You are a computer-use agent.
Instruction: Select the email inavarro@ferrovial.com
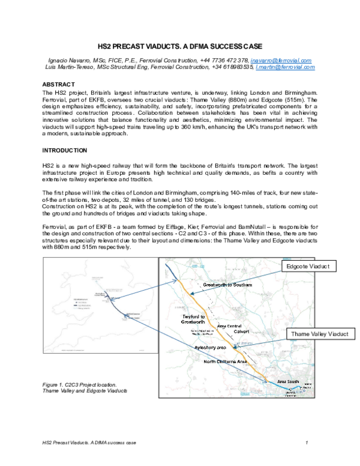[x=281, y=61]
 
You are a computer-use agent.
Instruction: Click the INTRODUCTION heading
[x=65, y=150]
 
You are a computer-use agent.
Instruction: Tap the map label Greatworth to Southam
[x=226, y=285]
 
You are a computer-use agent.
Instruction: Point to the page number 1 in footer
[x=307, y=443]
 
